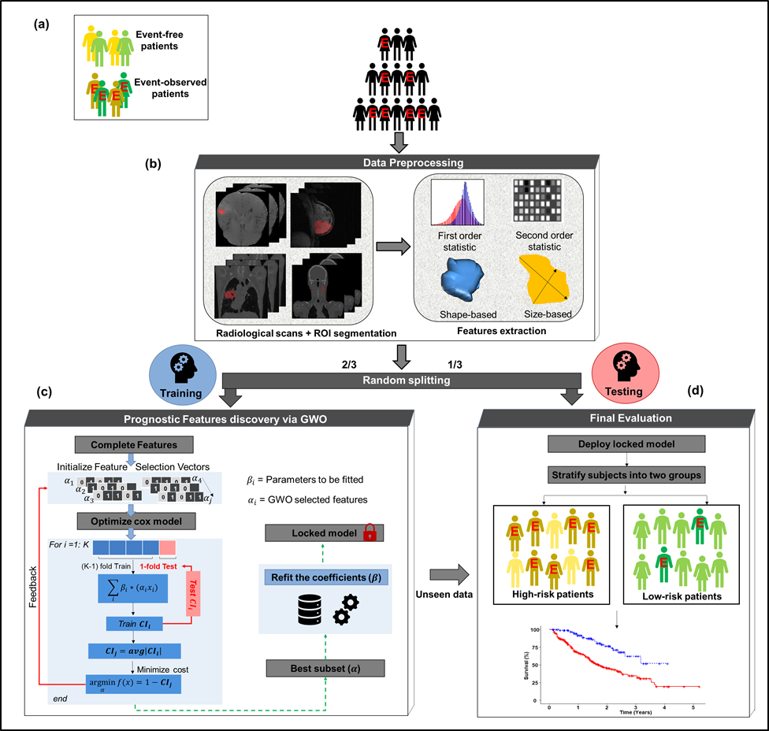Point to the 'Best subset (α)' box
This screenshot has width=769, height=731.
click(x=325, y=669)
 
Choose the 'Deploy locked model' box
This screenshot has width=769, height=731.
click(x=626, y=443)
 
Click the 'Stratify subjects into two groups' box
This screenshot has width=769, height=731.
click(x=626, y=476)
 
